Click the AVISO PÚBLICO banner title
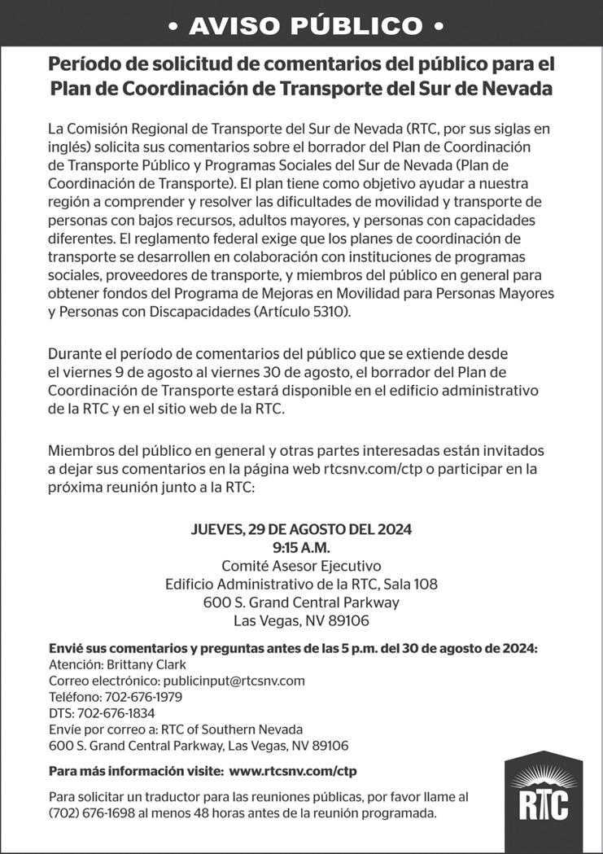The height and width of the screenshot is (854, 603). point(301,26)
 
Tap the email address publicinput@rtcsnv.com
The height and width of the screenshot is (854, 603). point(234,681)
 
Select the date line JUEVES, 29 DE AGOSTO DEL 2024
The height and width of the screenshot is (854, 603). point(301,529)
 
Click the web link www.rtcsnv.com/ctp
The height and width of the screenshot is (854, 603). point(293,770)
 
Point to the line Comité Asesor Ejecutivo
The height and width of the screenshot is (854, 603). point(301,566)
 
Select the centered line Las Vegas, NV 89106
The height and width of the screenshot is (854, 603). point(301,621)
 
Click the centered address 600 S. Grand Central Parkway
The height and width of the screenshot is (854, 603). point(301,603)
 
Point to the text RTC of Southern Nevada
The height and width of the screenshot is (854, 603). point(232,729)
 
